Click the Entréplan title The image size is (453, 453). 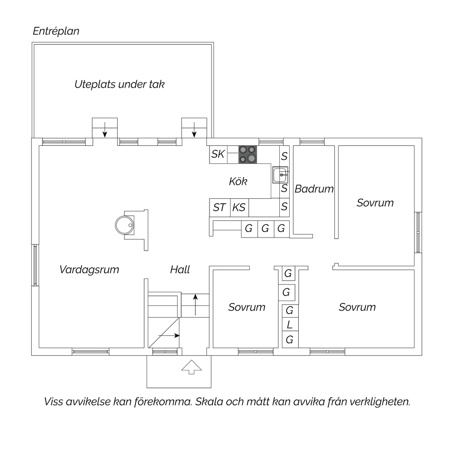pos(56,31)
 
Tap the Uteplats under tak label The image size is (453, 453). pos(120,84)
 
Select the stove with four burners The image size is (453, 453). pos(248,154)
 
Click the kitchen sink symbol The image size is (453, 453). pos(280,175)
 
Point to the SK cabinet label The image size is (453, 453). pos(218,154)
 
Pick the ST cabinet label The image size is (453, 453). pos(219,207)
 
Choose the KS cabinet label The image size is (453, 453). pos(239,207)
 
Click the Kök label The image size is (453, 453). pos(238,181)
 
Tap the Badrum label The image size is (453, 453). pos(314,189)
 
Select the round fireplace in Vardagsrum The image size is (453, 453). pos(124,225)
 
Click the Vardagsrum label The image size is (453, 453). pos(89,270)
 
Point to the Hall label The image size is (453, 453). pos(180,269)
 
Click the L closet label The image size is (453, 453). pos(290,325)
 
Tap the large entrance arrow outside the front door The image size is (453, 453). pos(191,367)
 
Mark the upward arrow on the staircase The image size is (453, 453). pos(195,305)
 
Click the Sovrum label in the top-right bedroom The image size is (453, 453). pos(375,203)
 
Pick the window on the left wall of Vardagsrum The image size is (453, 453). pos(35,265)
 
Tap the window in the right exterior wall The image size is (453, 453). pos(418,232)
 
